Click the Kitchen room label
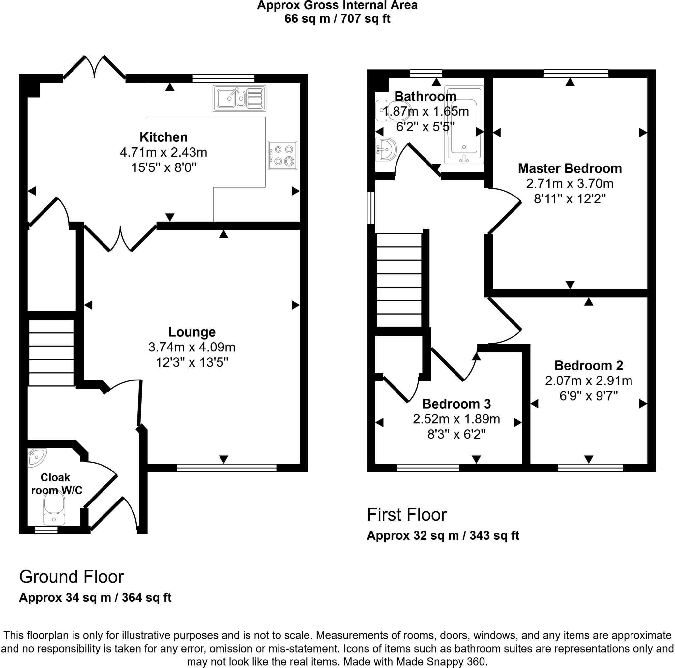tap(163, 137)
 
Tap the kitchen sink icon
tap(239, 98)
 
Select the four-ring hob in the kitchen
tap(282, 156)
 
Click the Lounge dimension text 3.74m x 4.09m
tap(192, 347)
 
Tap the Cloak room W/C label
tap(56, 484)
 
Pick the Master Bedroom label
tap(570, 168)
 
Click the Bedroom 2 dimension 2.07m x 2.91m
tap(588, 381)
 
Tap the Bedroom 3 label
tap(456, 404)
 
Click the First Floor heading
tap(407, 515)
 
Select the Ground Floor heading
tap(71, 577)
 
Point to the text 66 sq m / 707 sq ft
tap(337, 18)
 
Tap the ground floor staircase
tap(51, 353)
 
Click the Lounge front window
tap(226, 468)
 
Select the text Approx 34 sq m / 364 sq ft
tap(95, 597)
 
